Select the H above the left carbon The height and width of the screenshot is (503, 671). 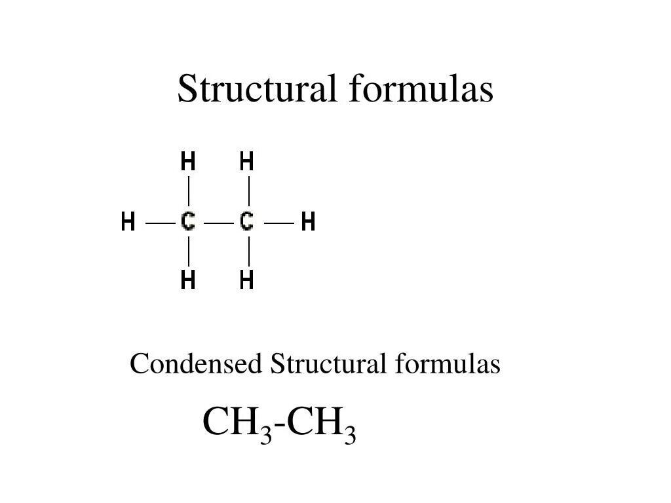[x=188, y=161]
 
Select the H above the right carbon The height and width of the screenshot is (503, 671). [x=247, y=161]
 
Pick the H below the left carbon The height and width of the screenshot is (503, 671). [x=188, y=280]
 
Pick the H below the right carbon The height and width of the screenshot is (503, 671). [x=247, y=280]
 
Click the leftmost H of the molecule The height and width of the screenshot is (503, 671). [x=128, y=222]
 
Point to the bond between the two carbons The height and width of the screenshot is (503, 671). [x=218, y=223]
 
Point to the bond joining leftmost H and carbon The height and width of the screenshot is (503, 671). [x=160, y=223]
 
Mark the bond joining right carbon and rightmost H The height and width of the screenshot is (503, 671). [x=279, y=223]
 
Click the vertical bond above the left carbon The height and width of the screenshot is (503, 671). [x=189, y=191]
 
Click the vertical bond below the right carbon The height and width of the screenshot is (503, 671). [x=249, y=251]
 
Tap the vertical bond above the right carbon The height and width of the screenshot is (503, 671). [x=249, y=191]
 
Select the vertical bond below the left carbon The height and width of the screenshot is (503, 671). [x=189, y=251]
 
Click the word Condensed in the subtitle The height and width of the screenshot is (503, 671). [x=196, y=363]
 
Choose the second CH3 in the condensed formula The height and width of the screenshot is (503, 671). [x=322, y=424]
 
